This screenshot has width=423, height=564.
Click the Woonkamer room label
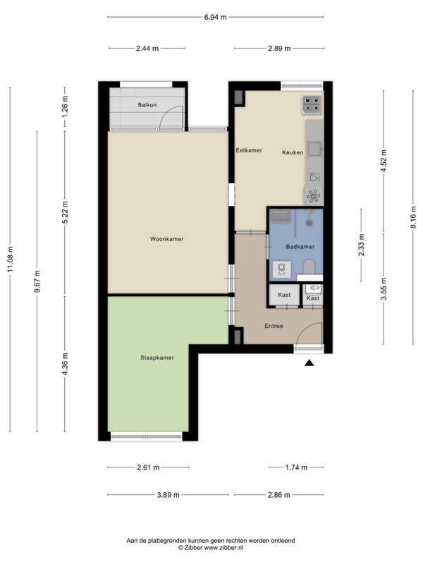click(x=166, y=239)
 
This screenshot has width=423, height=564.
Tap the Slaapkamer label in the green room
click(x=157, y=357)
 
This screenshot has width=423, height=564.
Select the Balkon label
click(x=147, y=105)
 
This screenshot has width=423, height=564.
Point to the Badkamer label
click(x=300, y=247)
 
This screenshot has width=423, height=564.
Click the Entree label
click(x=274, y=326)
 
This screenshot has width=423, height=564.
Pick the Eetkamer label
click(x=249, y=150)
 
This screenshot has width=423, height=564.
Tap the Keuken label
click(x=293, y=152)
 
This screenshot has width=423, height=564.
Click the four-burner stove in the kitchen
click(x=312, y=104)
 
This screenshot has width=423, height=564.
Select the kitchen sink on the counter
click(x=314, y=148)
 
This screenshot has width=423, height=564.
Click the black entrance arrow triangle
click(x=309, y=363)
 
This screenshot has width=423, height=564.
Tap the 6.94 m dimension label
click(x=216, y=17)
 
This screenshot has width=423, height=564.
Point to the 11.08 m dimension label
click(x=10, y=259)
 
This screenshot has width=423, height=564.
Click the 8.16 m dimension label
click(x=413, y=217)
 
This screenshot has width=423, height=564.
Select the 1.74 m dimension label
click(x=296, y=467)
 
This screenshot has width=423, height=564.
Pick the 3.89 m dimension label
click(x=168, y=495)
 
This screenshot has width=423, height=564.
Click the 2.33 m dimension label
click(x=361, y=245)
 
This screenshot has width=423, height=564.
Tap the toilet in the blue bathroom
click(x=309, y=268)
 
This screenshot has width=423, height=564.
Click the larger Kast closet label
click(x=284, y=295)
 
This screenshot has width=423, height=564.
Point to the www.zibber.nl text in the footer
click(x=223, y=548)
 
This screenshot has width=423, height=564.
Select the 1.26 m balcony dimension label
click(x=65, y=106)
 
